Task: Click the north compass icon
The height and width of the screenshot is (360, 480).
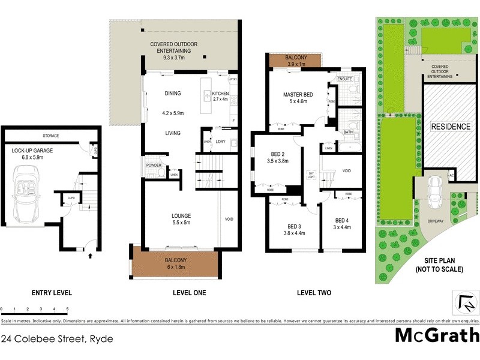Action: (x=465, y=302)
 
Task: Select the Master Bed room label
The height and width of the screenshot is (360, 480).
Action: (x=298, y=94)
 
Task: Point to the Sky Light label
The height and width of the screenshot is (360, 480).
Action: (x=311, y=175)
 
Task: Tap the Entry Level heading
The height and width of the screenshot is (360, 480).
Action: (x=52, y=293)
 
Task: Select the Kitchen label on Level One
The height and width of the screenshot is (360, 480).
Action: (x=221, y=94)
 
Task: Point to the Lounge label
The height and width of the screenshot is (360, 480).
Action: (x=181, y=215)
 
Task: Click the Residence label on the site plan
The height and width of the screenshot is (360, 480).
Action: (x=451, y=127)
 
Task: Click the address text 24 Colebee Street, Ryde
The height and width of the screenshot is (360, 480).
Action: (x=57, y=338)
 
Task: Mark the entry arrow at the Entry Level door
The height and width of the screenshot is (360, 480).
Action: (x=90, y=256)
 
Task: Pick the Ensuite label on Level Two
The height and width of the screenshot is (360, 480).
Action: (x=344, y=79)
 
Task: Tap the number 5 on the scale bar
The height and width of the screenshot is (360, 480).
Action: (x=67, y=308)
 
